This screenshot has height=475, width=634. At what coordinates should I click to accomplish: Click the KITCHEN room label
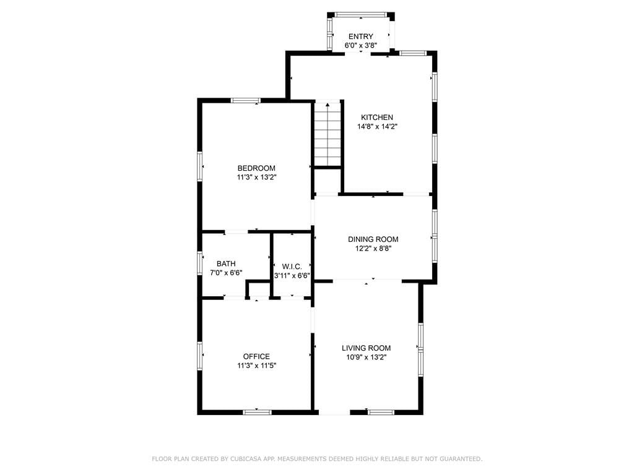click(x=377, y=117)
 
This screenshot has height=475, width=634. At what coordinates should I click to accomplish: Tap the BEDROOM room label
click(x=256, y=168)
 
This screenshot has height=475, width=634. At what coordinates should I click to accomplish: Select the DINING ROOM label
click(x=373, y=239)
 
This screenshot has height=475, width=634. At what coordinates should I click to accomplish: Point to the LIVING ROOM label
click(x=367, y=348)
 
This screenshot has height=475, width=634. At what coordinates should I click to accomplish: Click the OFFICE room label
click(x=256, y=356)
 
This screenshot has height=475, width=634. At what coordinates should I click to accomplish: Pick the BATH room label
click(x=226, y=263)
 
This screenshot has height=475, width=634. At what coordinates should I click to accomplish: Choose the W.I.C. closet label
click(x=292, y=267)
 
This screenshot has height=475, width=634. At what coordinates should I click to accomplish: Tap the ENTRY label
click(x=361, y=36)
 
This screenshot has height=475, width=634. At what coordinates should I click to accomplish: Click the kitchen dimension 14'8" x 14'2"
click(x=377, y=126)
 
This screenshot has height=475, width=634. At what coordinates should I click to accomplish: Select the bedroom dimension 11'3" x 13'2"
click(x=256, y=178)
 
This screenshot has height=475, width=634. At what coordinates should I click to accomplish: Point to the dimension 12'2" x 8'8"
click(x=373, y=249)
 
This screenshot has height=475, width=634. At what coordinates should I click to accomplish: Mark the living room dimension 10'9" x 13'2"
click(x=367, y=357)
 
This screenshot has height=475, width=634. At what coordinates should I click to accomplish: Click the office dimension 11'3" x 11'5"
click(x=256, y=366)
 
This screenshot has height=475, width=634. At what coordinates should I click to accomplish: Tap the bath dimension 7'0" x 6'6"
click(x=226, y=273)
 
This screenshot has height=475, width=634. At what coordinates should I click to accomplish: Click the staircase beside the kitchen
click(x=328, y=134)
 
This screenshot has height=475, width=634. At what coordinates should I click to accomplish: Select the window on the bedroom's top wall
click(x=245, y=101)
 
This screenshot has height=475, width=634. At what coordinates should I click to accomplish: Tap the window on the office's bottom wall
click(x=257, y=412)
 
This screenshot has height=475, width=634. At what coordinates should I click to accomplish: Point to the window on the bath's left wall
click(x=199, y=263)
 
